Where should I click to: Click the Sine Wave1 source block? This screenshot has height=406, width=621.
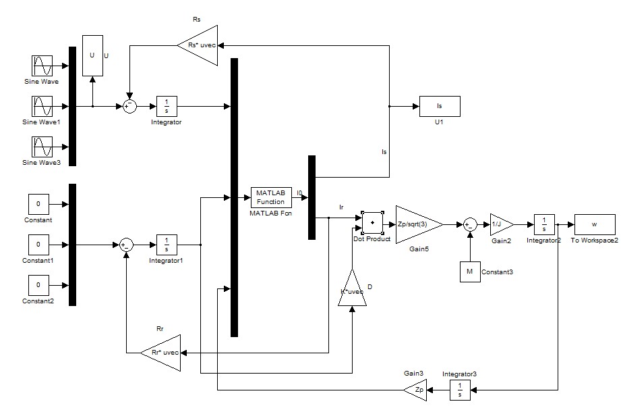(42, 106)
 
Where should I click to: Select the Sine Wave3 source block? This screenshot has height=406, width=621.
(42, 147)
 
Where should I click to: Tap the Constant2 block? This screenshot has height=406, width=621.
(38, 285)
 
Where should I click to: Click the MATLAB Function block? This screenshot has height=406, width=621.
(271, 197)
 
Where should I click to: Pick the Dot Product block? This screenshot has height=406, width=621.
(372, 223)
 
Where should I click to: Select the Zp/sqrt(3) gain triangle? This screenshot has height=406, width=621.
(419, 225)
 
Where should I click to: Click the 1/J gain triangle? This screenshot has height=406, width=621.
(502, 225)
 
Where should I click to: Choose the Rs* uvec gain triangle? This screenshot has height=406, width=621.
(198, 46)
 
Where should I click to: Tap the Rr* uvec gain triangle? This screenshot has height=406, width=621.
(160, 353)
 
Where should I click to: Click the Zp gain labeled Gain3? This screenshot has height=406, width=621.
(415, 390)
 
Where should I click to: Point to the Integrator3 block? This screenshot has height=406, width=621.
(460, 390)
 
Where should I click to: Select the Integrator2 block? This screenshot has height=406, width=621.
(544, 225)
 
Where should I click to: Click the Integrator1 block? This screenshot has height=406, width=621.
(167, 245)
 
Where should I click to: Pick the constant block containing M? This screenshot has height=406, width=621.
(470, 272)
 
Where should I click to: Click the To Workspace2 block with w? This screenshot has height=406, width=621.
(595, 225)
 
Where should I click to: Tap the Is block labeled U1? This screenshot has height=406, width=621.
(440, 106)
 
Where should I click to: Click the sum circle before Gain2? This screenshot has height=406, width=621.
(470, 225)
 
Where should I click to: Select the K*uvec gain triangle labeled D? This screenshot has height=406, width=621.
(352, 288)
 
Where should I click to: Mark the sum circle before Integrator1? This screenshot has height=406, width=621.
(126, 245)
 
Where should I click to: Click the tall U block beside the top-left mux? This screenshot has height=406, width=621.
(92, 55)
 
